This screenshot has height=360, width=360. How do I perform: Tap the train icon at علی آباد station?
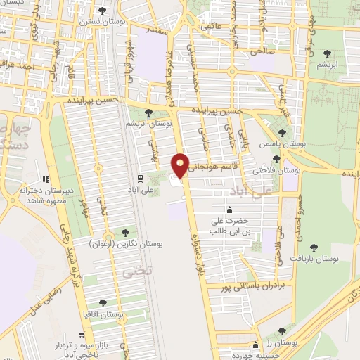[141, 178]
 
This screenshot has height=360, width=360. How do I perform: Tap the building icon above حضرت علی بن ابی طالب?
[229, 210]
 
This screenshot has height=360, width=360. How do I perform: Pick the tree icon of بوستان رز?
[282, 330]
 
